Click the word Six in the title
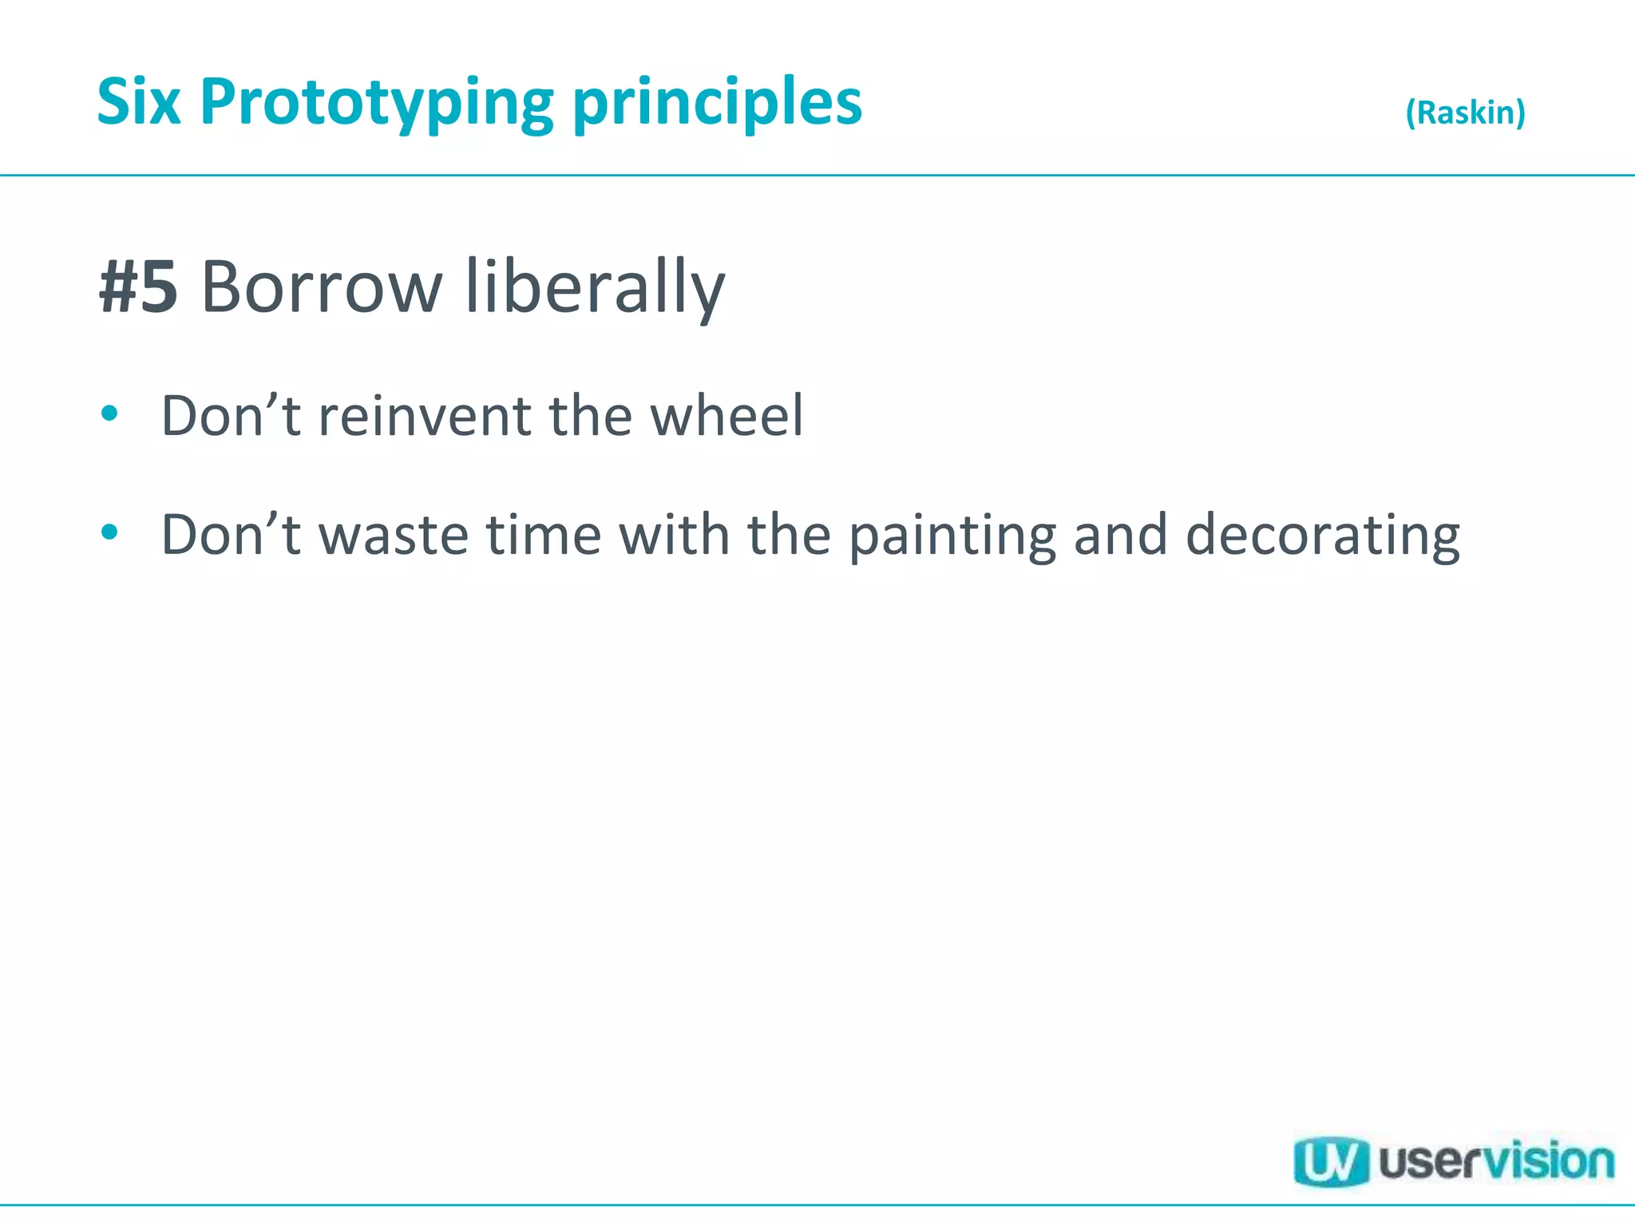[139, 102]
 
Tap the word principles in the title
[718, 104]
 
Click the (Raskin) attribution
[1465, 113]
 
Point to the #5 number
[138, 287]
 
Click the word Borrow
[322, 287]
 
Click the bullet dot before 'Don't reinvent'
[110, 413]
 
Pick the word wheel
[726, 417]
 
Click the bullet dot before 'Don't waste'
[110, 532]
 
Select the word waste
[394, 535]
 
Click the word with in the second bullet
[675, 535]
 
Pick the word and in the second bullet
[1121, 535]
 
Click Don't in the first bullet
[231, 417]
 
